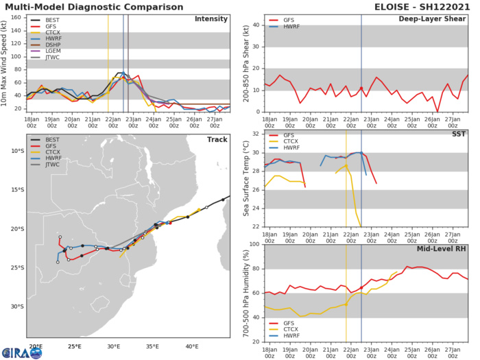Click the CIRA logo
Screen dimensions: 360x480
21,352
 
